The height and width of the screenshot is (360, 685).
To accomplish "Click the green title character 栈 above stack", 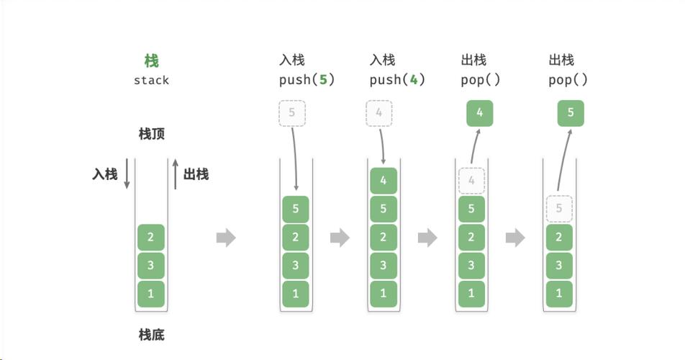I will (151, 60).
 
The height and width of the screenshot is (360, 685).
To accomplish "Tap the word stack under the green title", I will (151, 80).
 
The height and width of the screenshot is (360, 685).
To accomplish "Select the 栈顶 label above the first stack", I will (151, 134).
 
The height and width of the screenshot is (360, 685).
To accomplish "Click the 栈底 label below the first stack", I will (151, 334).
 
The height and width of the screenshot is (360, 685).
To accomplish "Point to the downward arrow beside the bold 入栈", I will (127, 174).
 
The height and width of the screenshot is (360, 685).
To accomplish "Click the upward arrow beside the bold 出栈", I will (175, 174).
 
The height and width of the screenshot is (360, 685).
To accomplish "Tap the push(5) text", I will (307, 80).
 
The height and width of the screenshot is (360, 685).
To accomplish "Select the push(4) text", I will (397, 80).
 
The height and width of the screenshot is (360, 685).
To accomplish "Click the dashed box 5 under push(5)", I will (291, 113).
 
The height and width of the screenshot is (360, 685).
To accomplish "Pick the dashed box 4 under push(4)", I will (379, 113).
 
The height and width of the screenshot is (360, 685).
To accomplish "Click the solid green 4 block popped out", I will (480, 113).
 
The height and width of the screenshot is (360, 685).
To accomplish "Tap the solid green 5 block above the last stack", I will (571, 113).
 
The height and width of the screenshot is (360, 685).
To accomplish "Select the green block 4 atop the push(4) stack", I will (383, 181).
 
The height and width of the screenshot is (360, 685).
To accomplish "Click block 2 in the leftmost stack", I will (151, 237).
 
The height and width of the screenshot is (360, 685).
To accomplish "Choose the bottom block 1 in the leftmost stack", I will (151, 294).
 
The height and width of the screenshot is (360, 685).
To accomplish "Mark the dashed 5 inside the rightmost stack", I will (559, 210).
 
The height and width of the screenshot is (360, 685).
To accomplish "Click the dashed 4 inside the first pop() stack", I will (471, 181).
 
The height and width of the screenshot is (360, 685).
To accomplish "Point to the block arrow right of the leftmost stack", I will (226, 238).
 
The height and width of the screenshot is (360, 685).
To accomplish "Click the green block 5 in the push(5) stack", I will (295, 210).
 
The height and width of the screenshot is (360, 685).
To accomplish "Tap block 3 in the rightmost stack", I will (559, 266).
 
